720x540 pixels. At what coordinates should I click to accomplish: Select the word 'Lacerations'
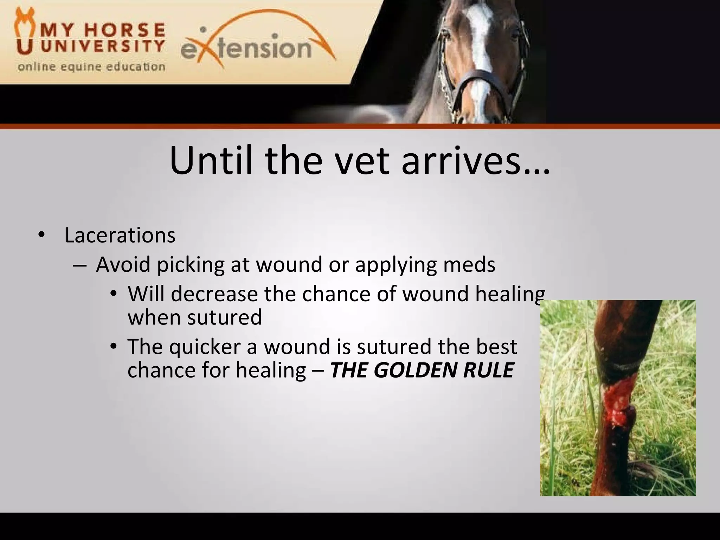tap(120, 235)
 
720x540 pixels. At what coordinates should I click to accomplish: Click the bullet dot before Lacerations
tap(41, 235)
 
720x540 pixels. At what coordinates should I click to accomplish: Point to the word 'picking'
tap(190, 265)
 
